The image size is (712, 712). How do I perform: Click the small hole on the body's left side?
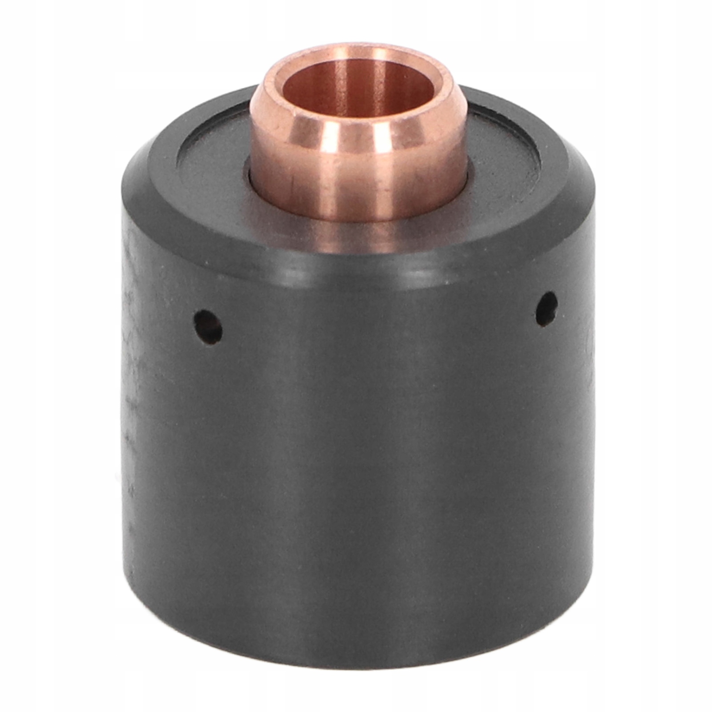point(208,327)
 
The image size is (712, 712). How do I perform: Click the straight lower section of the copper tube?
point(356,187)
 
